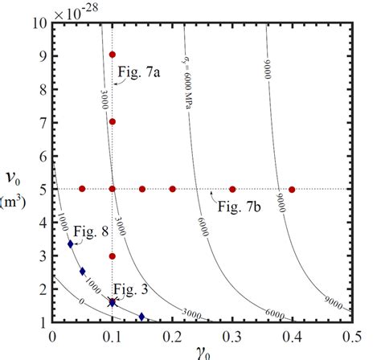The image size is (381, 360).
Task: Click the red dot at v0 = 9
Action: pos(113,55)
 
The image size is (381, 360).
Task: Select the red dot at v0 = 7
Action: pos(113,122)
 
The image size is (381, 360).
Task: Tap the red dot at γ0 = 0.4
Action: pos(292,189)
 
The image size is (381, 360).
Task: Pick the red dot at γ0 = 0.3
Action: pos(232,189)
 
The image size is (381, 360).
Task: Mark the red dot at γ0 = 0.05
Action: pos(82,189)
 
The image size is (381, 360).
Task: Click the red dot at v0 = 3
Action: pos(113,256)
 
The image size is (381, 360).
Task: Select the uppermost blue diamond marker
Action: pos(71,243)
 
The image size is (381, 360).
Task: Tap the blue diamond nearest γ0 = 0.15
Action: pos(142,317)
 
